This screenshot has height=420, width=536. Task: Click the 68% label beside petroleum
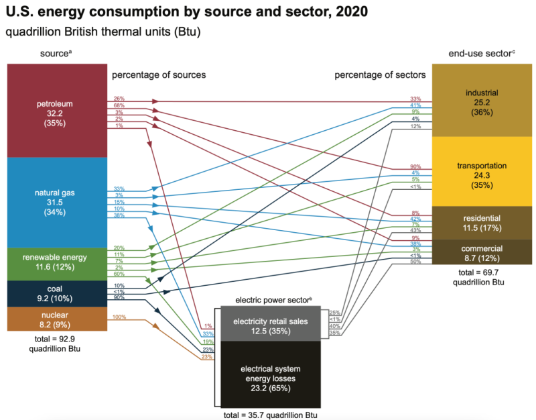coord(119,105)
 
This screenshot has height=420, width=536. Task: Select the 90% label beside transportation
coord(416,167)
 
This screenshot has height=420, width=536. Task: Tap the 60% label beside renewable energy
coord(119,274)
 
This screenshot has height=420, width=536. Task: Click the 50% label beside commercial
coord(416,262)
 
